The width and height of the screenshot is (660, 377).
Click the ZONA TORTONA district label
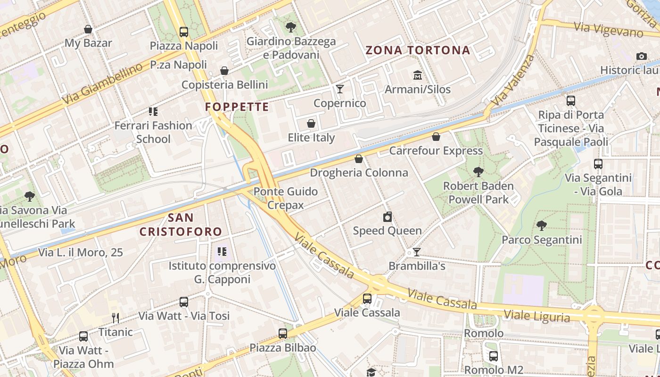(x=418, y=50)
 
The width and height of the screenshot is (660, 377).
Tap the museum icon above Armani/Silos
(x=418, y=75)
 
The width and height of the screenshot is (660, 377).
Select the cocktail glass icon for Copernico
(x=340, y=89)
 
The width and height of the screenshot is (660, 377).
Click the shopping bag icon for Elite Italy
(x=311, y=124)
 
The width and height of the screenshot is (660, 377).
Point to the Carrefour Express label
(x=436, y=151)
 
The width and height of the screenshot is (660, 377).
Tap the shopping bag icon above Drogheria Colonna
(x=359, y=159)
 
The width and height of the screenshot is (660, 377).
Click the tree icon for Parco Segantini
(x=542, y=226)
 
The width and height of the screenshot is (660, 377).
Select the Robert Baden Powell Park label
(x=478, y=193)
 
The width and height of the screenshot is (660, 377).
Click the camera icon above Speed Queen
(x=387, y=217)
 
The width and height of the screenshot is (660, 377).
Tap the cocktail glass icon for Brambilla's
(x=416, y=252)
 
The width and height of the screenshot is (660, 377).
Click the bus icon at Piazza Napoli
(x=184, y=32)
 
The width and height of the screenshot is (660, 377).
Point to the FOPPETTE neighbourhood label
(x=237, y=107)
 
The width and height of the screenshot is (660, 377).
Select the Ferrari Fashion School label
(x=153, y=132)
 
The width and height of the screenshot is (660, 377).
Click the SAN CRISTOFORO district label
(x=181, y=224)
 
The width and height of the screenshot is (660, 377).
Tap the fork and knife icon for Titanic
(x=115, y=318)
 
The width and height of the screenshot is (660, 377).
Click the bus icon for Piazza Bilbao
(x=283, y=334)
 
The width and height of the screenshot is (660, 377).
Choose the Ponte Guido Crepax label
(x=285, y=198)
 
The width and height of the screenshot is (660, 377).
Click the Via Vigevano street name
(x=608, y=30)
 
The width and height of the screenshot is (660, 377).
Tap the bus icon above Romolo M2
(x=494, y=356)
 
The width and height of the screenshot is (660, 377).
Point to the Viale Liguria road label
(x=536, y=316)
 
